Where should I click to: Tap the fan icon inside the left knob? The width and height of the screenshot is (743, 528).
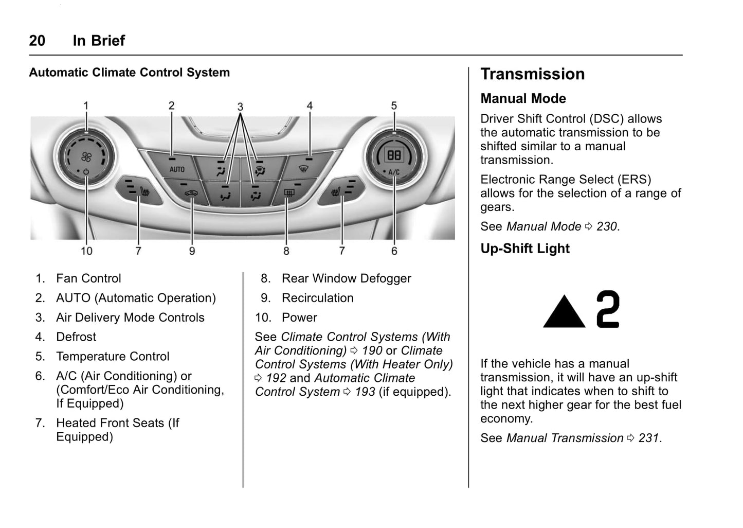(86, 157)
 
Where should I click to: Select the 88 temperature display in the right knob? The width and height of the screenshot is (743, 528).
(394, 155)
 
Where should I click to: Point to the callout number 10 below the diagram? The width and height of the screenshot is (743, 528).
(86, 251)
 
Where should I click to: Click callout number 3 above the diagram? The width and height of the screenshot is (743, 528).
(240, 107)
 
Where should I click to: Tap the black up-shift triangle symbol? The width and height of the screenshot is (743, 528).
(564, 312)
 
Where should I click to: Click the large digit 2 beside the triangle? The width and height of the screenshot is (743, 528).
(608, 309)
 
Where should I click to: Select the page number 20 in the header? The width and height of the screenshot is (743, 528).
(37, 41)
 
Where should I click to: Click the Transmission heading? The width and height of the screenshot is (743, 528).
(532, 74)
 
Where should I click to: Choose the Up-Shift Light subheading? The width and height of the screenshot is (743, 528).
(524, 249)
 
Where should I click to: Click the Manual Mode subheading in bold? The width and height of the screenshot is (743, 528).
(523, 98)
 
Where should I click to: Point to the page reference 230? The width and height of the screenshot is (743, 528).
(606, 226)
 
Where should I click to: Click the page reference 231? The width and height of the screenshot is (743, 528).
(648, 438)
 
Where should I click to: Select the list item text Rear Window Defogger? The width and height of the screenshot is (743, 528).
(346, 278)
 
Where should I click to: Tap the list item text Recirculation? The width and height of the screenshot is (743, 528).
(317, 298)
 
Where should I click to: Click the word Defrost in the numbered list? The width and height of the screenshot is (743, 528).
(76, 337)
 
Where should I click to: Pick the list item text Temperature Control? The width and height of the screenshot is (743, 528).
(113, 357)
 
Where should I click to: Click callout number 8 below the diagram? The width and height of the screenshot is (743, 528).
(286, 251)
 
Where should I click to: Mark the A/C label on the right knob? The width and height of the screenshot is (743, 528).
(394, 172)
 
